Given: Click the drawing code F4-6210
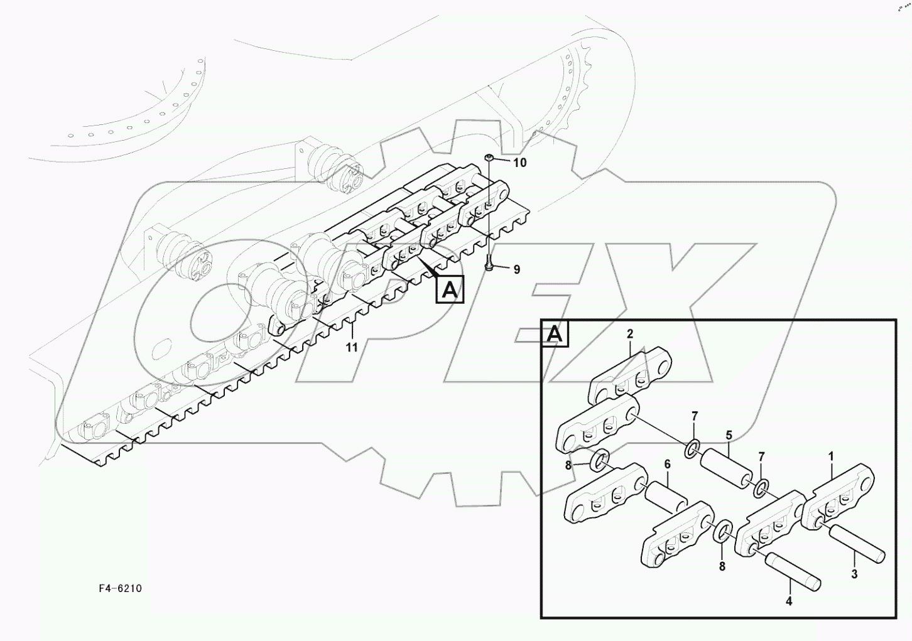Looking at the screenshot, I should (120, 588).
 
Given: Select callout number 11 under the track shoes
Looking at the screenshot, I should (352, 347).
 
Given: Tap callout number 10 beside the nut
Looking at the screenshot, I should (519, 163).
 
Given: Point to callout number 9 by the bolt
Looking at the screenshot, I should (516, 269).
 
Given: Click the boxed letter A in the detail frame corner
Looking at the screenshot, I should (555, 334).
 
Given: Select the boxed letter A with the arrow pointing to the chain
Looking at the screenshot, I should (450, 289).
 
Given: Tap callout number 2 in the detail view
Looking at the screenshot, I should (630, 334).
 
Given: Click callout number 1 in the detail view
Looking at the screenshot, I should (831, 456).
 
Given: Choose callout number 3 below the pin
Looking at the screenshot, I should (854, 573).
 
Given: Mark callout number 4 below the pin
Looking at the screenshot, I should (789, 601).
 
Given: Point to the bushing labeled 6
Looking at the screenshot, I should (667, 498).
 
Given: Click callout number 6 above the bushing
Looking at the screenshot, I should (667, 464).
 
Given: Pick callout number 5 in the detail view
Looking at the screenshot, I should (729, 435).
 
